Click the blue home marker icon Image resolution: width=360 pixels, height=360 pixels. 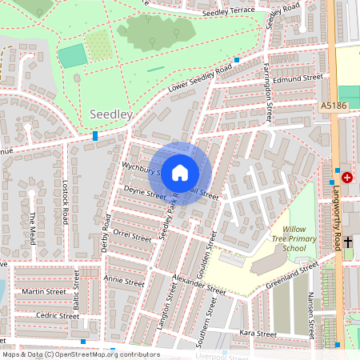click(x=180, y=173)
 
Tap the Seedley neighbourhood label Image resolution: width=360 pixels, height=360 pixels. click(x=111, y=115)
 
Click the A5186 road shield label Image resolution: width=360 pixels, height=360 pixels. click(x=334, y=105)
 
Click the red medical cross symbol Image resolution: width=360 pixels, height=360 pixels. click(x=347, y=178)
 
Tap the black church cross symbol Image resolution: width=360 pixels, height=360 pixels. click(x=348, y=239)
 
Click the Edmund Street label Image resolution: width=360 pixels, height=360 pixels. click(x=297, y=79)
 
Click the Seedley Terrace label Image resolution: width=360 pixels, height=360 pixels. click(x=229, y=11)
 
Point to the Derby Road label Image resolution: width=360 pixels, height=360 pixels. click(x=106, y=232)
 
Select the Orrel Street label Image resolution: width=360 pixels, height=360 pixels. click(x=131, y=236)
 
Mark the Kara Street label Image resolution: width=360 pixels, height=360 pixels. click(x=257, y=333)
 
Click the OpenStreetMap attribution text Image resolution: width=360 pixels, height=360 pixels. click(x=80, y=354)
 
